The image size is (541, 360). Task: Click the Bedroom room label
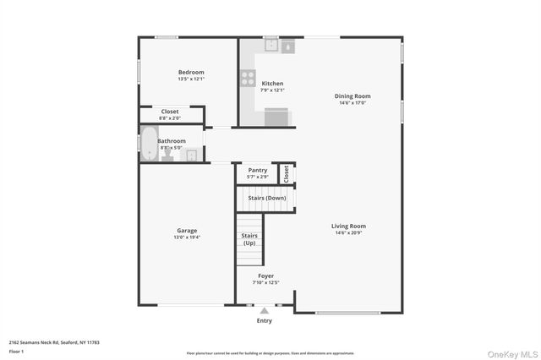pos(191,73)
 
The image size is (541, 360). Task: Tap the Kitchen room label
pos(272,84)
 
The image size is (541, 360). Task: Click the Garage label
pos(187,231)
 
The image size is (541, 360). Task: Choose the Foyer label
pos(266,275)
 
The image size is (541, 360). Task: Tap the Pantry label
pos(258,170)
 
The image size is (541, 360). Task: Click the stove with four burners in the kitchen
pos(249,79)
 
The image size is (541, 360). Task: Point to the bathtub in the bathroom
pos(150,143)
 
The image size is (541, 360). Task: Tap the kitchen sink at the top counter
pos(272,46)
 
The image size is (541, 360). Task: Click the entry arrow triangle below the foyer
pos(265,310)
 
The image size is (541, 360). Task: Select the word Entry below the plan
pos(265,320)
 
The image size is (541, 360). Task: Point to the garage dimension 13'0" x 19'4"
pos(187,237)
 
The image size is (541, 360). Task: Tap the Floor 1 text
pos(17,350)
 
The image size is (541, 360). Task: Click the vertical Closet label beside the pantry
pos(287,172)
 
